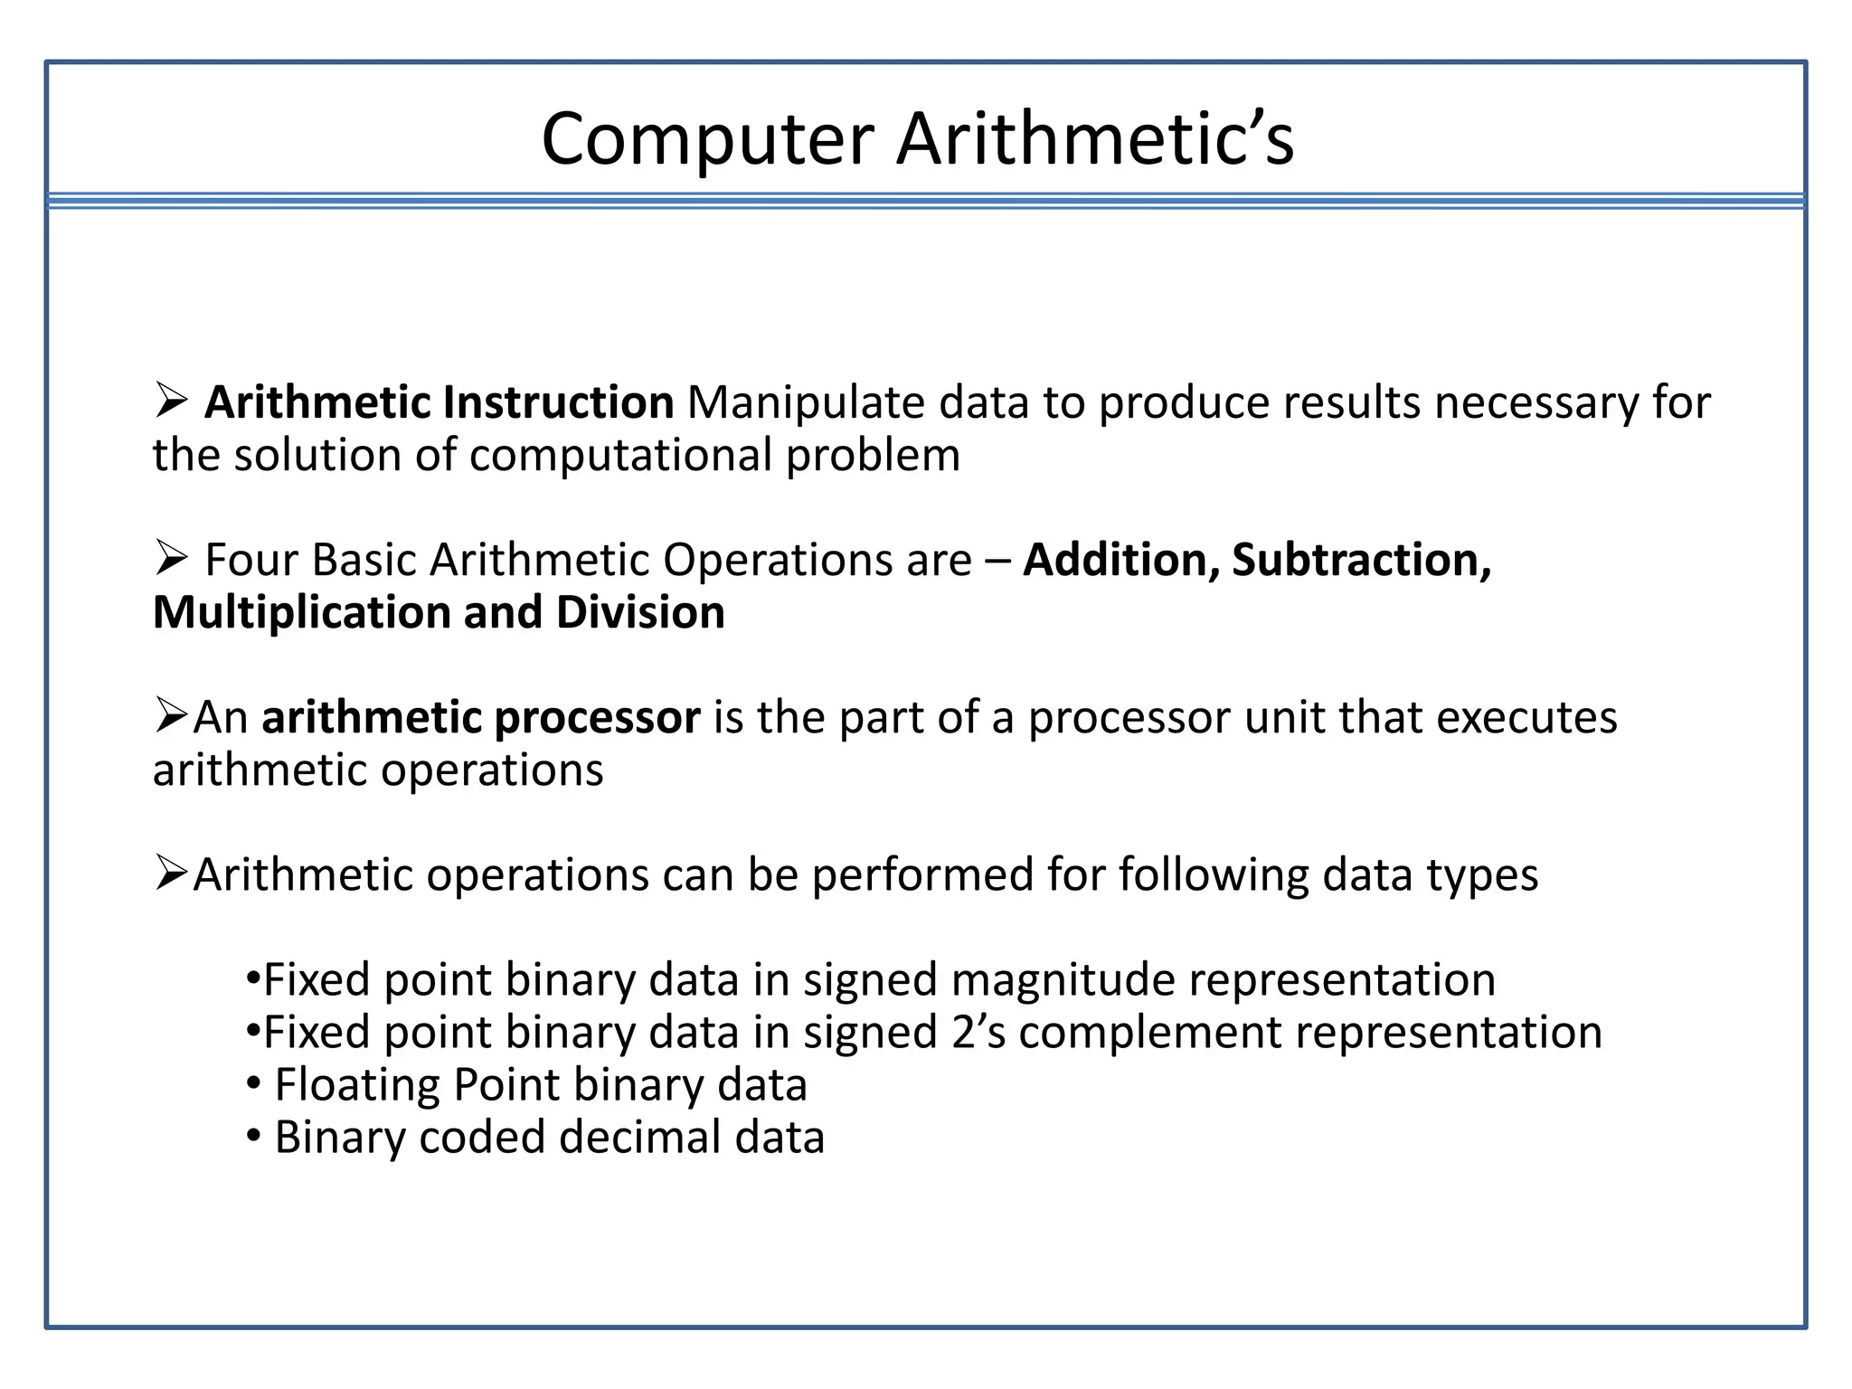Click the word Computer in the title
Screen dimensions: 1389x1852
tap(707, 140)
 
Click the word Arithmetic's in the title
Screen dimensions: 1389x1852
tap(1095, 140)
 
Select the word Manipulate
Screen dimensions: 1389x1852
tap(806, 402)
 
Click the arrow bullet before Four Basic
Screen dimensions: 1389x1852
tap(170, 557)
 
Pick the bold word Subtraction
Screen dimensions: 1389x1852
tap(1361, 560)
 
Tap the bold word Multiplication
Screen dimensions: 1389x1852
tap(301, 613)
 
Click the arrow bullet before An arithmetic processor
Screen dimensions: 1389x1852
tap(170, 714)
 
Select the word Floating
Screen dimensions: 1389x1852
tap(357, 1085)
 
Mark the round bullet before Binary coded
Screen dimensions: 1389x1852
tap(254, 1135)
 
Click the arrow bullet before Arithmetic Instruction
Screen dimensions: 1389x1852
tap(170, 400)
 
